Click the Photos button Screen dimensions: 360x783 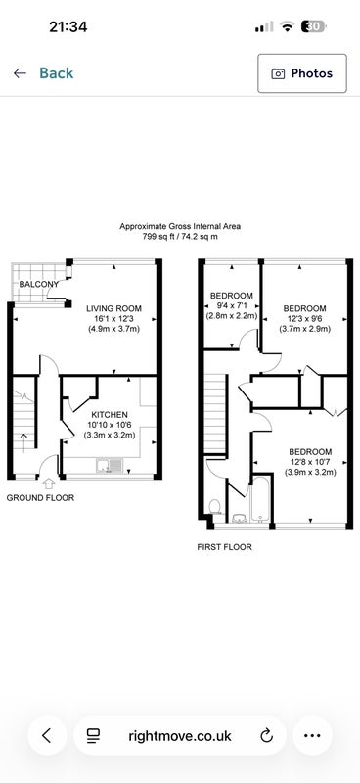pyautogui.click(x=302, y=73)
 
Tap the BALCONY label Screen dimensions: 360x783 pyautogui.click(x=39, y=284)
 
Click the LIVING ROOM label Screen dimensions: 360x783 pyautogui.click(x=113, y=308)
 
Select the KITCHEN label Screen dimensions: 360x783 pyautogui.click(x=110, y=414)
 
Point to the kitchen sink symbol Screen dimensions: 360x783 pyautogui.click(x=110, y=466)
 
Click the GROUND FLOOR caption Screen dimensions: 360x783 pyautogui.click(x=40, y=498)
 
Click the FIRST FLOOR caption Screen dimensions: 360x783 pyautogui.click(x=225, y=547)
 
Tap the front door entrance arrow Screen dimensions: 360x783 pyautogui.click(x=49, y=484)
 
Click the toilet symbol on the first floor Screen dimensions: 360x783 pyautogui.click(x=215, y=506)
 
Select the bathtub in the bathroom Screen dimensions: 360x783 pyautogui.click(x=260, y=499)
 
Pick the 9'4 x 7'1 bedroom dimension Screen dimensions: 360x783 pyautogui.click(x=232, y=305)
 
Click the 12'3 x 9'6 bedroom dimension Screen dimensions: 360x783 pyautogui.click(x=304, y=319)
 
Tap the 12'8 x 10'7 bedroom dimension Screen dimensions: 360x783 pyautogui.click(x=310, y=462)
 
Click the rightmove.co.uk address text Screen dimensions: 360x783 pyautogui.click(x=180, y=736)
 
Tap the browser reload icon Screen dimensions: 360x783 pyautogui.click(x=267, y=735)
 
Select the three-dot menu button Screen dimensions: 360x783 pyautogui.click(x=312, y=736)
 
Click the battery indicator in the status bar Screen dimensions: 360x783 pyautogui.click(x=314, y=26)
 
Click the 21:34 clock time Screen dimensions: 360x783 pyautogui.click(x=67, y=27)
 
